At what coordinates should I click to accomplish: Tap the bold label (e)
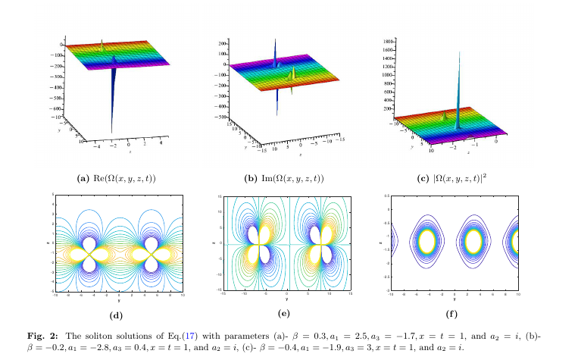[286, 315]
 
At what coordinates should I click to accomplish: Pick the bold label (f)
[452, 315]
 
